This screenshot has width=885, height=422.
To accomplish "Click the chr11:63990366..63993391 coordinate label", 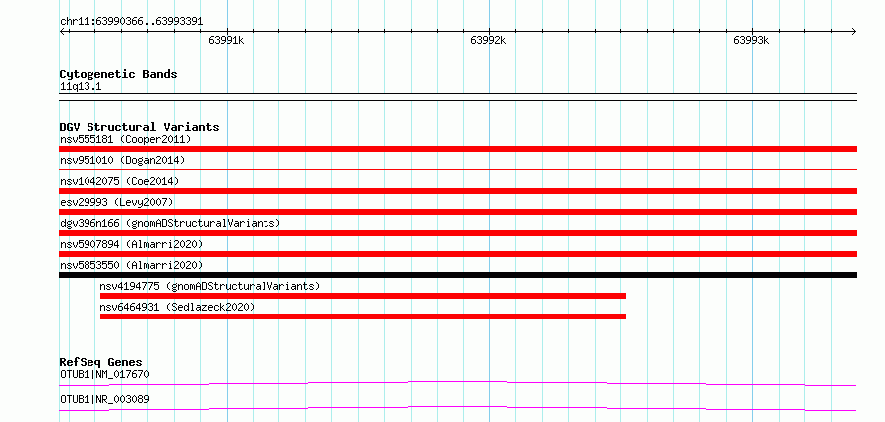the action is [x=131, y=22].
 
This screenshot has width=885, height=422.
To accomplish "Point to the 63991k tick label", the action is [x=226, y=40].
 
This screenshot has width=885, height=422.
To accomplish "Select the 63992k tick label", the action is [x=488, y=40].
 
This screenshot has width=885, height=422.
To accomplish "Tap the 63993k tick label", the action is [x=751, y=40].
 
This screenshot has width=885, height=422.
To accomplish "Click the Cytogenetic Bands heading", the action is [x=118, y=74].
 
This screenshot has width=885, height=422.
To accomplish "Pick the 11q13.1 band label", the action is [x=81, y=87].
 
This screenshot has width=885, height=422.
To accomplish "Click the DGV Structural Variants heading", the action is [x=139, y=127].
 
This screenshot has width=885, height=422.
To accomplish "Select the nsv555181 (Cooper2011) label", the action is [x=125, y=139].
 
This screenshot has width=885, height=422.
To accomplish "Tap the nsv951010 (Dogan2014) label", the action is [x=122, y=160].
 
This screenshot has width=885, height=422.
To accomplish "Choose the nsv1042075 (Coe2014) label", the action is [x=119, y=181].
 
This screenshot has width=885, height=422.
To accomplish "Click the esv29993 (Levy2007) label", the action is [x=116, y=202].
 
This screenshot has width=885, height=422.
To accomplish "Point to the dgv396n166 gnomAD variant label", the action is [x=170, y=223].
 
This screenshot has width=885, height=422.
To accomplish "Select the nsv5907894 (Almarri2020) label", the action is [x=131, y=244].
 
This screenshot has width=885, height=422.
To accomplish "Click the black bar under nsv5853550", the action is [x=457, y=275].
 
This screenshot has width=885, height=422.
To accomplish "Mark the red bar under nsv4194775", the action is [x=363, y=296].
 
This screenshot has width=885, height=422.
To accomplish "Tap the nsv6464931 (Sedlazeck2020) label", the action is [x=177, y=307].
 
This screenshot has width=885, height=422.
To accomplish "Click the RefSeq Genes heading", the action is [x=101, y=362].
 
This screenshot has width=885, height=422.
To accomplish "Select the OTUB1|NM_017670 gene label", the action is [x=104, y=374].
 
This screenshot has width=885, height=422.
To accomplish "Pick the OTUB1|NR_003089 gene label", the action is [x=104, y=399].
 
